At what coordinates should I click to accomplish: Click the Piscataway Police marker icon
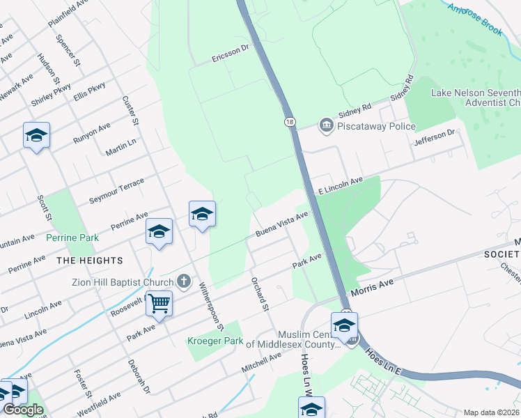(326, 126)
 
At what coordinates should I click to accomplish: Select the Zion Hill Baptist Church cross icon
(184, 282)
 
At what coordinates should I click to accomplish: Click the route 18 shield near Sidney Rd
(290, 122)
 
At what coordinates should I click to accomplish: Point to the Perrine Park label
(72, 238)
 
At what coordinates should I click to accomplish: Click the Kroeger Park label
(215, 341)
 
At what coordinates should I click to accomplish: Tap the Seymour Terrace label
(116, 191)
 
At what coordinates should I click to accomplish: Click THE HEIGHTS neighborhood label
(90, 261)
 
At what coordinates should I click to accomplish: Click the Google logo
(24, 410)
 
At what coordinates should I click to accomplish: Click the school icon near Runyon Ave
(36, 135)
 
